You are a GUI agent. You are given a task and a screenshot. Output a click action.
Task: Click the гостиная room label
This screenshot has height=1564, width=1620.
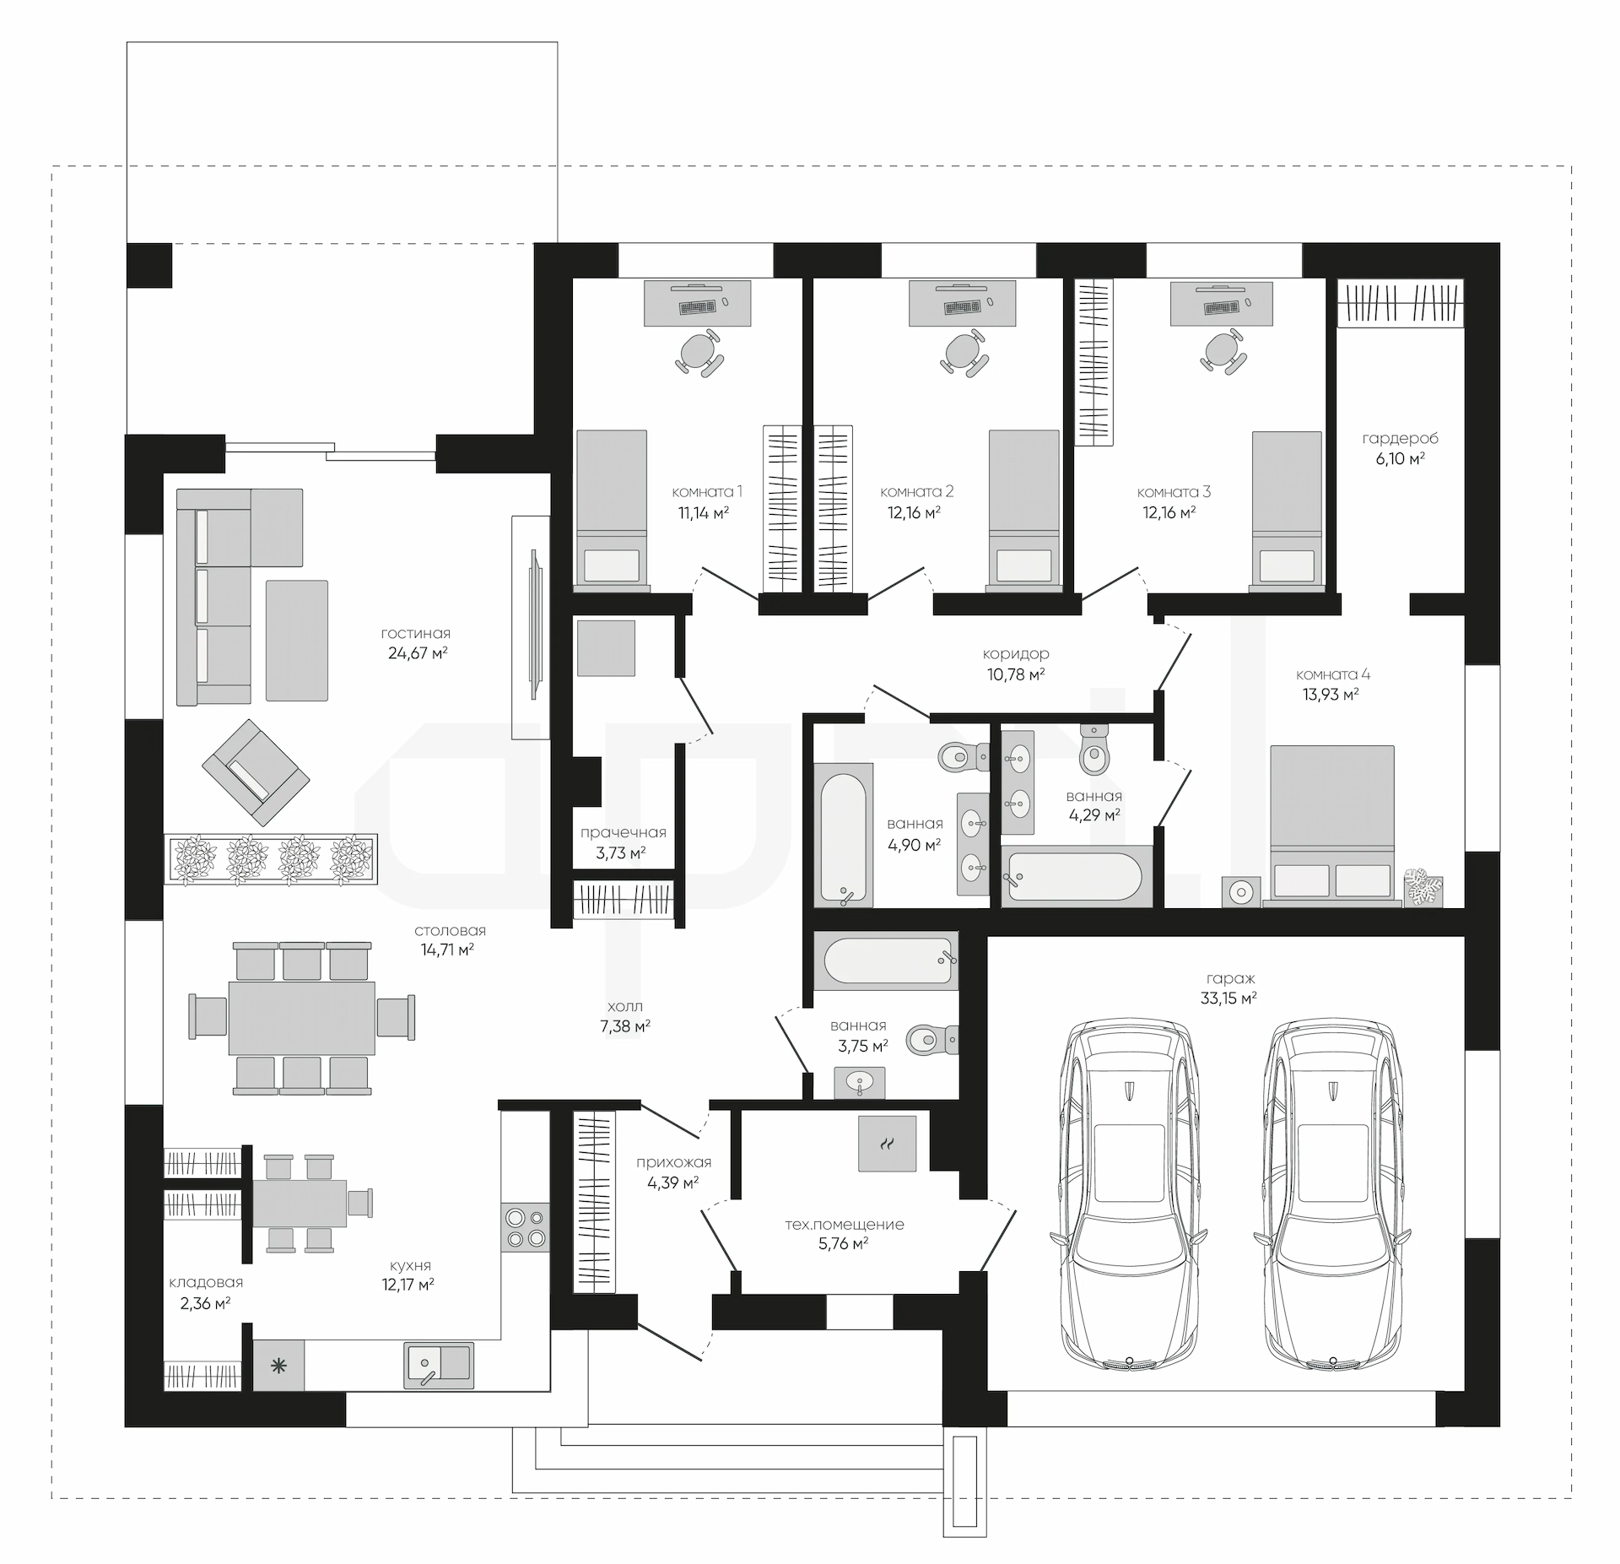pyautogui.click(x=415, y=633)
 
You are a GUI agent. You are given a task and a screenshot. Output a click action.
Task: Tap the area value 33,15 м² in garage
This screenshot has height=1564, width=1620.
pyautogui.click(x=1228, y=998)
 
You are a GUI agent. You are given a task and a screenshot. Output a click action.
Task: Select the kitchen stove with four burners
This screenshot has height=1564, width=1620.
pyautogui.click(x=525, y=1227)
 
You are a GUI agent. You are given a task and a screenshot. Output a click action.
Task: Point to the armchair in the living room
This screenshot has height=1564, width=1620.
pyautogui.click(x=256, y=771)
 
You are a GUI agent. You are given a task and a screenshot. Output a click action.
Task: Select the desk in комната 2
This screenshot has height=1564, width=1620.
pyautogui.click(x=962, y=302)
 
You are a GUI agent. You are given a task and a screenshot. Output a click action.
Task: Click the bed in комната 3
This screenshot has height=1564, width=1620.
pyautogui.click(x=1287, y=507)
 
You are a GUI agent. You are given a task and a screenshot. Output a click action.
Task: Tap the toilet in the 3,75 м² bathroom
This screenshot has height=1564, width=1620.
pyautogui.click(x=932, y=1039)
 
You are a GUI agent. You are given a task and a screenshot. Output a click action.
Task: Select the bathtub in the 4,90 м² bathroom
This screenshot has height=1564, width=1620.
pyautogui.click(x=843, y=835)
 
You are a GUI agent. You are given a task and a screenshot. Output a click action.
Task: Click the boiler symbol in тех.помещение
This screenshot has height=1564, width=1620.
pyautogui.click(x=887, y=1143)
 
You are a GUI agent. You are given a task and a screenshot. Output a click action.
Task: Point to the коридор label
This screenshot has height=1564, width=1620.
pyautogui.click(x=1016, y=653)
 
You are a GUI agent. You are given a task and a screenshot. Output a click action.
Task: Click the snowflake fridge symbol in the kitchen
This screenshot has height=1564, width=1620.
pyautogui.click(x=278, y=1365)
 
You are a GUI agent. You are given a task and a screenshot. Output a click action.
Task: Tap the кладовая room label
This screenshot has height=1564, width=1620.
pyautogui.click(x=206, y=1282)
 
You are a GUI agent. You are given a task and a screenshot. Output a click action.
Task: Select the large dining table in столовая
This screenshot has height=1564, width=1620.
pyautogui.click(x=302, y=1017)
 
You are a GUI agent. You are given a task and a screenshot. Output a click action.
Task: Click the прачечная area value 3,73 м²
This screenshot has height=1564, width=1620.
pyautogui.click(x=621, y=852)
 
